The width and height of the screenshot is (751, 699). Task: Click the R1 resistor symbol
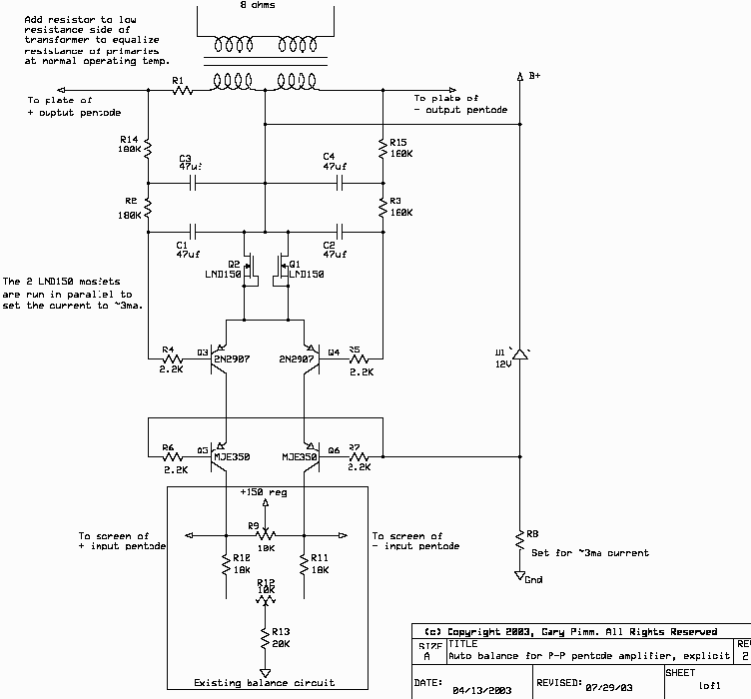pyautogui.click(x=182, y=90)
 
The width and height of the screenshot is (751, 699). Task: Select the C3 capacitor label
pyautogui.click(x=185, y=158)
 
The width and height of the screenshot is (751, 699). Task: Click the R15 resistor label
pyautogui.click(x=399, y=142)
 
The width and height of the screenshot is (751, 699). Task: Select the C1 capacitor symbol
pyautogui.click(x=194, y=231)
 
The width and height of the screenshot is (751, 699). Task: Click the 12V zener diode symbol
pyautogui.click(x=519, y=353)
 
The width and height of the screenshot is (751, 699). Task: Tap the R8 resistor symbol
pyautogui.click(x=519, y=539)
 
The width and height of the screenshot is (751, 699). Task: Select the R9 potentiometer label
pyautogui.click(x=254, y=525)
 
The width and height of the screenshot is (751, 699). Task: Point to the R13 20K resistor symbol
pyautogui.click(x=265, y=635)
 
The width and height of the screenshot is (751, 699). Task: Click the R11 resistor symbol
pyautogui.click(x=303, y=565)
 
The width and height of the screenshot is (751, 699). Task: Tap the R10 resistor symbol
pyautogui.click(x=227, y=565)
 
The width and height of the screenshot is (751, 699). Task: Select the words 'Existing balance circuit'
pyautogui.click(x=264, y=683)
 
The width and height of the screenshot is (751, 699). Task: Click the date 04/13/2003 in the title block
pyautogui.click(x=483, y=690)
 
